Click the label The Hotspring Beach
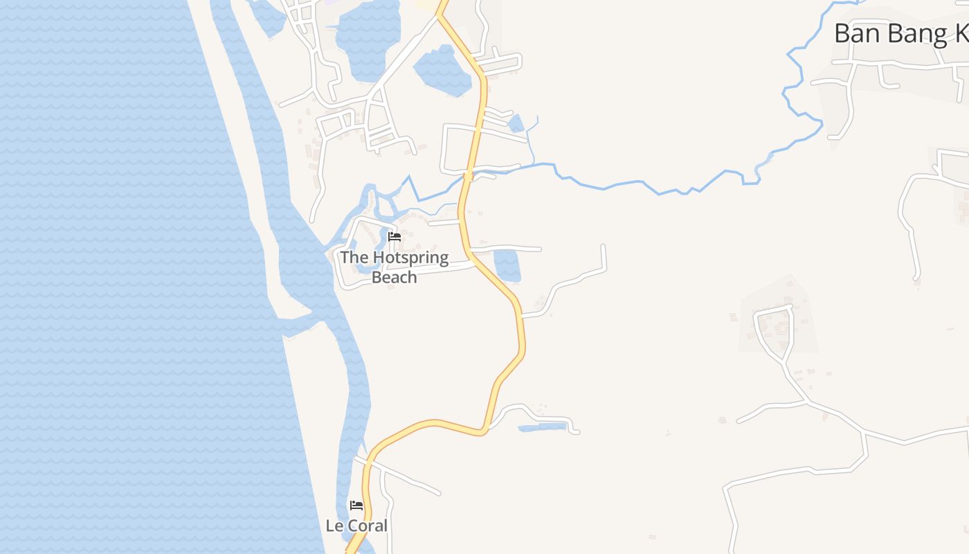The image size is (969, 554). [x=394, y=267]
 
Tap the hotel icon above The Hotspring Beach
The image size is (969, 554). [x=395, y=237]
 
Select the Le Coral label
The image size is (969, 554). [x=356, y=526]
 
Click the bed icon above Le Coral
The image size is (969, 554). [x=356, y=506]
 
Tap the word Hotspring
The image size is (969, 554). [x=410, y=258]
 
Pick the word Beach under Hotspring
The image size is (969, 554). [x=395, y=277]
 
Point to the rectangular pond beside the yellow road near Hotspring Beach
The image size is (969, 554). [x=507, y=265]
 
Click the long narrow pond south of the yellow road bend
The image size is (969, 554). [x=543, y=427]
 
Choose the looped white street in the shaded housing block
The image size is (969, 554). [x=774, y=329]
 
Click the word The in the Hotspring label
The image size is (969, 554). [x=354, y=258]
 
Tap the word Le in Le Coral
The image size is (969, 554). [x=334, y=526]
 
